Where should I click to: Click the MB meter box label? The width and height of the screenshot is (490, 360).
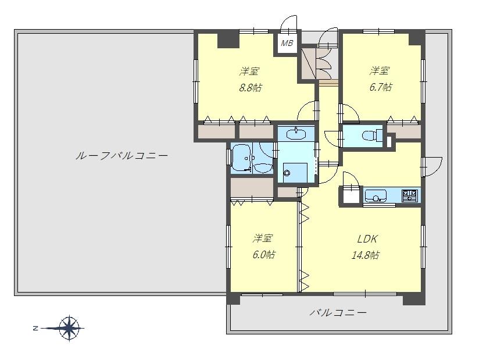coord(287,43)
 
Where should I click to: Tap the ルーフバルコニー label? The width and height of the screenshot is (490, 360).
coord(122,155)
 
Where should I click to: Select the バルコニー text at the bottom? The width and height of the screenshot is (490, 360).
coord(338,312)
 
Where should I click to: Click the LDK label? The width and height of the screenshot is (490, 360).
coord(367,239)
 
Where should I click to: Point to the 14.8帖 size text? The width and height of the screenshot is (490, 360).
coord(366,255)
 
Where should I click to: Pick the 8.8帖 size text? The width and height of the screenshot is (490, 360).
coord(251,88)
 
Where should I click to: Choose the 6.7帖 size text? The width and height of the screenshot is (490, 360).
coord(380,87)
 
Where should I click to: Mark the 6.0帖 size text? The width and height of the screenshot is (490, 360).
coord(264,255)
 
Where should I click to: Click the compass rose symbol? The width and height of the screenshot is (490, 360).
coord(69,328)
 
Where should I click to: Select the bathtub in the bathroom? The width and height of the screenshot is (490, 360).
coord(242,159)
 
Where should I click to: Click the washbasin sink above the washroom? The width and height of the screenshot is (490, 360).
coord(296,134)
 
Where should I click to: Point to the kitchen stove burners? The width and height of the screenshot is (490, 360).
coord(410,195)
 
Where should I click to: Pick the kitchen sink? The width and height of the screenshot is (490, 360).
coord(375,196)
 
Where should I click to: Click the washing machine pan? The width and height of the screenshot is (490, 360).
coord(294,172)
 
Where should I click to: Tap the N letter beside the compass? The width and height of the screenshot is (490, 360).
coord(35,329)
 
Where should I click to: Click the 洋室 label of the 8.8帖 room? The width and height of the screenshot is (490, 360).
coord(249,71)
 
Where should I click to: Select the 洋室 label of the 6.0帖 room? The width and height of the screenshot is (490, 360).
coord(263,238)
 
